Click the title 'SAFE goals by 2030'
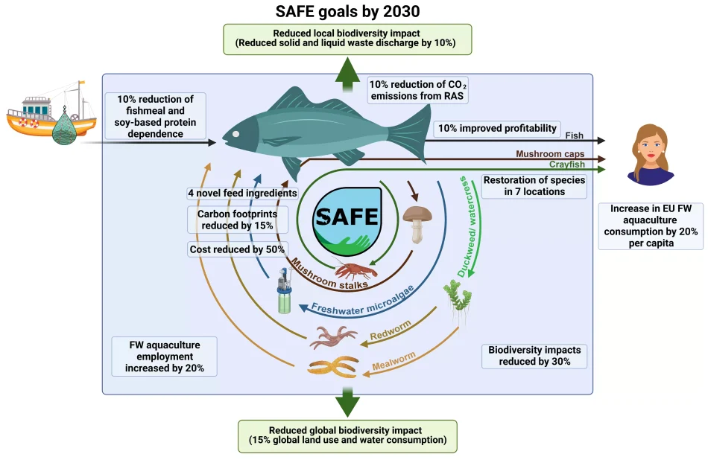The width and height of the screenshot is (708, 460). click(353, 11)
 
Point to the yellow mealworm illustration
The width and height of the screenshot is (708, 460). click(334, 368)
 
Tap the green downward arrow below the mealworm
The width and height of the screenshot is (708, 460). click(347, 402)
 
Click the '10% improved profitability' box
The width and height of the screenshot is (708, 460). click(497, 129)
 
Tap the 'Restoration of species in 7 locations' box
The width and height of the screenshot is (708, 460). click(534, 185)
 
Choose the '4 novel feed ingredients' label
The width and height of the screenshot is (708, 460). click(242, 194)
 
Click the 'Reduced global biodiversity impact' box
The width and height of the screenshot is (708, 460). click(347, 435)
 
